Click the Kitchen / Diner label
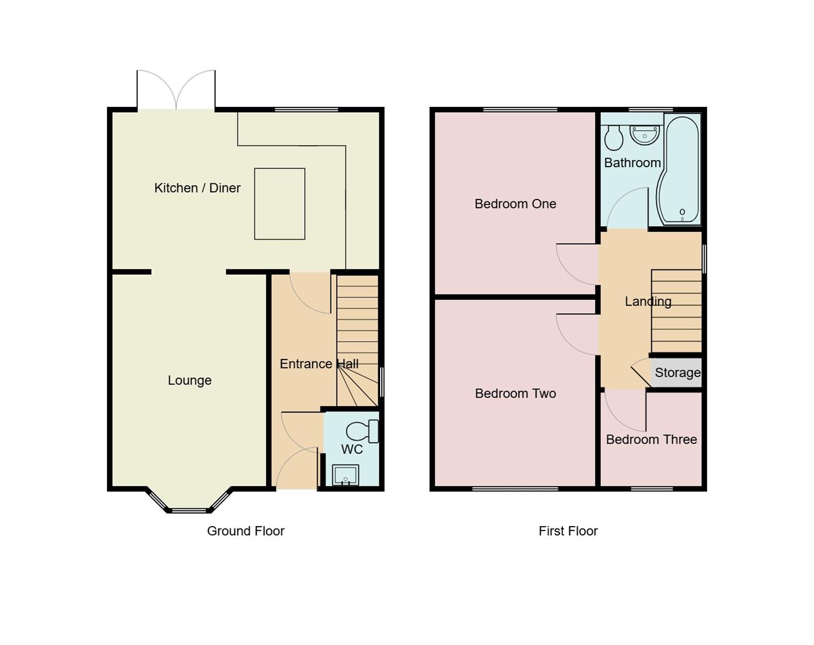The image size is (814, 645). click(197, 188)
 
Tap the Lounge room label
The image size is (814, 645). click(189, 380)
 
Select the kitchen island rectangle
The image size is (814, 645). click(280, 204)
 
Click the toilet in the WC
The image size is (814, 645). click(361, 431)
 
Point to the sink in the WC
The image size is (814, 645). click(345, 475)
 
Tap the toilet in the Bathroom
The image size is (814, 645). click(613, 138)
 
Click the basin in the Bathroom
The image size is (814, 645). click(644, 136)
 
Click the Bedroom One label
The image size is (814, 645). click(515, 204)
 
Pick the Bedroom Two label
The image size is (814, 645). click(515, 394)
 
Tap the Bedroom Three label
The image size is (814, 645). click(651, 440)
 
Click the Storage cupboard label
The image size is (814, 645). click(677, 373)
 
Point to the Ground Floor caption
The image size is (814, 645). click(246, 531)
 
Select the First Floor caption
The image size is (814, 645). click(568, 531)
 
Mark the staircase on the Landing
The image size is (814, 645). click(677, 311)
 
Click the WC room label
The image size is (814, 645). click(352, 449)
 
